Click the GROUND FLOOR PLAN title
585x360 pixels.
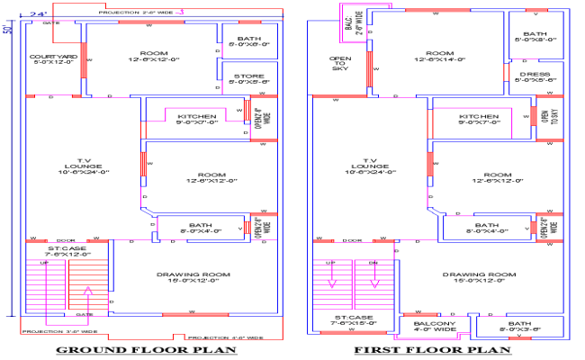tap(146, 349)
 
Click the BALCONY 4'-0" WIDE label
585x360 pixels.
tap(436, 327)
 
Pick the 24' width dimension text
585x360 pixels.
tap(38, 14)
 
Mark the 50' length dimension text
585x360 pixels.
tap(7, 31)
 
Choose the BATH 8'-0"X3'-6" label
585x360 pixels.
tap(518, 327)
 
